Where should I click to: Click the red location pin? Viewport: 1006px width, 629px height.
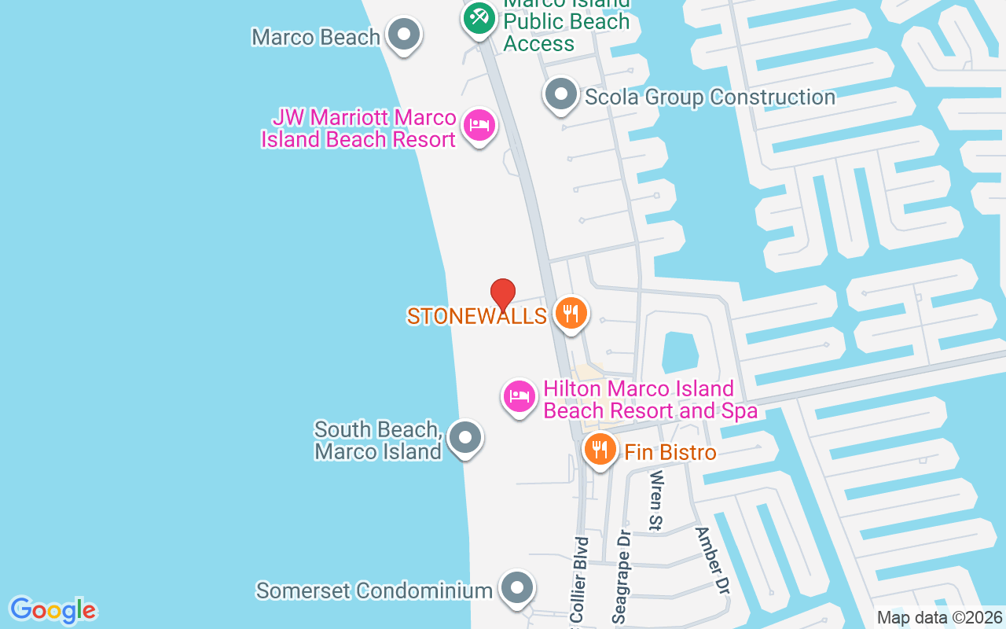pos(503,295)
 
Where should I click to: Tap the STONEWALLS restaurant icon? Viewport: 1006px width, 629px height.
pos(571,313)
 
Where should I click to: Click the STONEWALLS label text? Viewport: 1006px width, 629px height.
pos(476,316)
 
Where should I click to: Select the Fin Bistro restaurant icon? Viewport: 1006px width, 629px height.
pos(600,450)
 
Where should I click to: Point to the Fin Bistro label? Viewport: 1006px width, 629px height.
pos(670,452)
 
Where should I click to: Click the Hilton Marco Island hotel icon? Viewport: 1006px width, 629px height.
pos(519,396)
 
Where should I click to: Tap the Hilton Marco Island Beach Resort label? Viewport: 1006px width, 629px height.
pos(650,399)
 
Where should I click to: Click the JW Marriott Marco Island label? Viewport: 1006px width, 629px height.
pos(359,129)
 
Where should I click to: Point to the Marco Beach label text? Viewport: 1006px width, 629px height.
pos(316,37)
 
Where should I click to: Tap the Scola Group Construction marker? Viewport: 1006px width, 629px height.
pos(561,94)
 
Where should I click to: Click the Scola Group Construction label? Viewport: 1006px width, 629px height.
pos(710,97)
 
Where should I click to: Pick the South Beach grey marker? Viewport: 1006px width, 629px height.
pos(465,437)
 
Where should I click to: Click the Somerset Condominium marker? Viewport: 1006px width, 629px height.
pos(516,587)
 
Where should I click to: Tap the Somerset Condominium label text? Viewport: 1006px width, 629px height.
pos(374,590)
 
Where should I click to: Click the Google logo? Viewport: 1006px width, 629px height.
pos(53,610)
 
